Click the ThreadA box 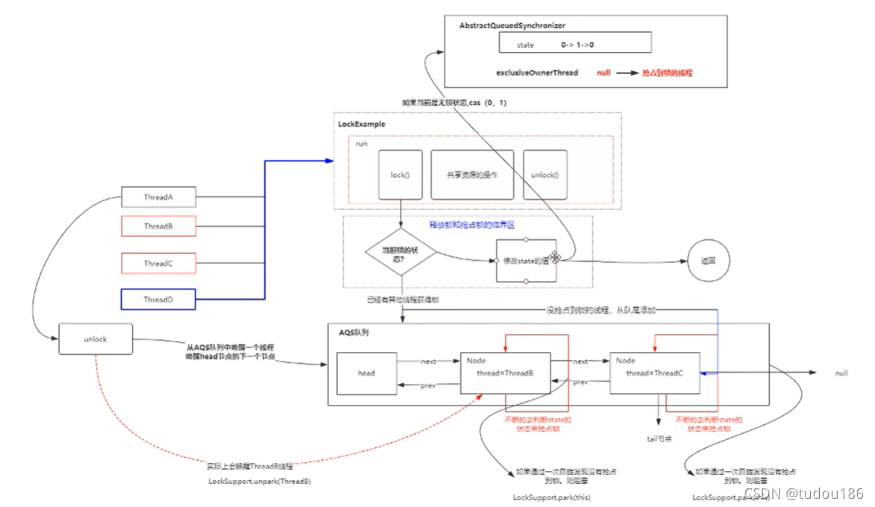point(157,198)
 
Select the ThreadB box point(157,226)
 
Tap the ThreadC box point(157,263)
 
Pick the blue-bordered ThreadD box point(157,300)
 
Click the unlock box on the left point(95,339)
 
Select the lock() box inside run point(401,175)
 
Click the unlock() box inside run point(545,175)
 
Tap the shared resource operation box point(472,175)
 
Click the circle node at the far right point(708,262)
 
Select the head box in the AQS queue point(366,373)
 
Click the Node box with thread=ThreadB point(505,373)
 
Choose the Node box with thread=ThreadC point(654,373)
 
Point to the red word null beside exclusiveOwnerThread point(603,73)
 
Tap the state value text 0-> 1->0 point(577,45)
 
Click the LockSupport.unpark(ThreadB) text point(260,482)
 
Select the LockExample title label point(362,125)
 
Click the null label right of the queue point(841,373)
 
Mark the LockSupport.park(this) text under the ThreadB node point(556,497)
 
